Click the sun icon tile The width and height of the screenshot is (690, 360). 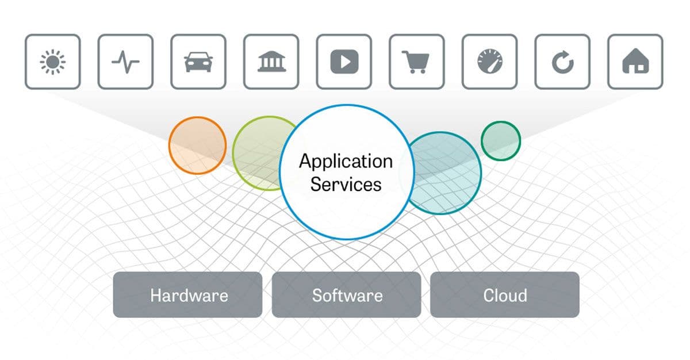[52, 62]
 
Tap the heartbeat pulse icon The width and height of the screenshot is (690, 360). [125, 62]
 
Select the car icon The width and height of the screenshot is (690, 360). [198, 62]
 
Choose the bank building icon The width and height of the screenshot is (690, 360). [271, 62]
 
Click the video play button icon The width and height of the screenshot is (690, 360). [344, 62]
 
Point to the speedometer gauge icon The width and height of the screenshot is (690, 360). [490, 62]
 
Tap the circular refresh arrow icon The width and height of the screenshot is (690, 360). [563, 62]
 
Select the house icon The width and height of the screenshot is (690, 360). [635, 62]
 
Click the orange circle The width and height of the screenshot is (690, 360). [197, 145]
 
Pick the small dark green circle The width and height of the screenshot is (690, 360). [501, 140]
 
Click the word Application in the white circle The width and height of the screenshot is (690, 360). [346, 161]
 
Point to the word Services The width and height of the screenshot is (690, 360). [346, 184]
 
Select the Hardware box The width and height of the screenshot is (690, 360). [188, 295]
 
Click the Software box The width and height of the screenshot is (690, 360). [347, 295]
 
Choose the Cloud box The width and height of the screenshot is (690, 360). [505, 295]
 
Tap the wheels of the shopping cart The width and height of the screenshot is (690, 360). [417, 72]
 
